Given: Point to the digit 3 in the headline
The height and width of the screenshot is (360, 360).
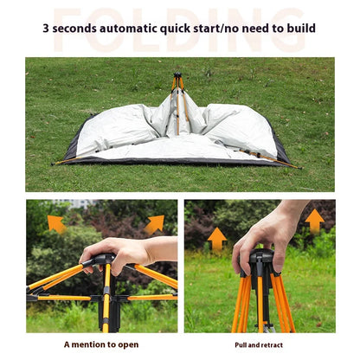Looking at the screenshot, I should click(x=47, y=29).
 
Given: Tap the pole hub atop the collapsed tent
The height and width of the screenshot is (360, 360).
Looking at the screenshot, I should click(x=178, y=80).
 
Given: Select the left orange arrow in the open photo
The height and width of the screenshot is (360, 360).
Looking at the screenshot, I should click(x=56, y=223).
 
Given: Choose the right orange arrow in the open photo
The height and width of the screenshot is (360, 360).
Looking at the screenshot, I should click(x=154, y=223).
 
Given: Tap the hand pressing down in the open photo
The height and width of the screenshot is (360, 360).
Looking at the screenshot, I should click(x=121, y=252).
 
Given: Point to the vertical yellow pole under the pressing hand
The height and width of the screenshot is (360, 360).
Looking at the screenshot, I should click(x=106, y=303).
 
